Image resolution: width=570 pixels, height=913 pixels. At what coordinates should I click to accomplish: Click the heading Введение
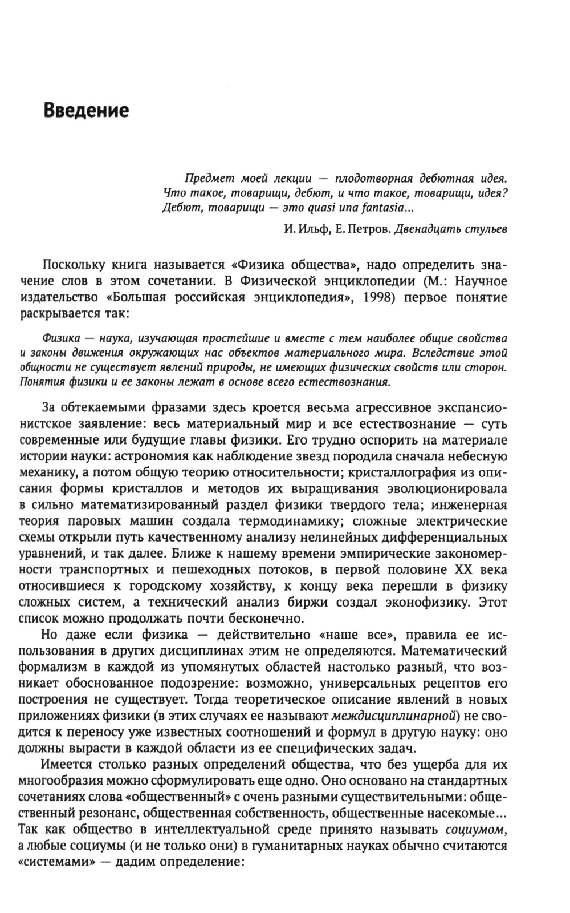87,110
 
